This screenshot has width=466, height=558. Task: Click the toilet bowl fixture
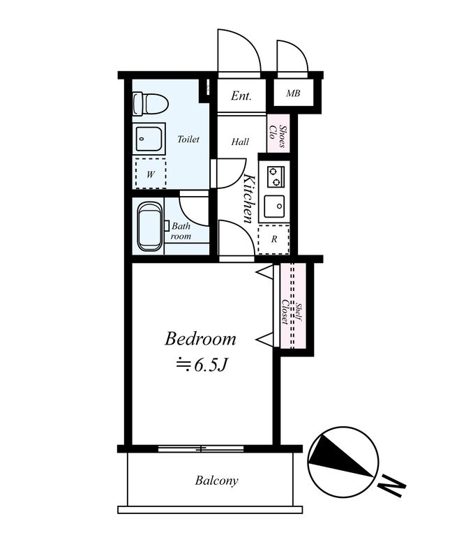tap(150, 104)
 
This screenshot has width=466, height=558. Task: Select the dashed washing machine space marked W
tap(151, 174)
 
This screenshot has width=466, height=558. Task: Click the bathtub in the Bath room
tap(149, 226)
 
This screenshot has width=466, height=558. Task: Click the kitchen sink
tap(274, 206)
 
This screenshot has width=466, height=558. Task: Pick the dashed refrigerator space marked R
tap(273, 239)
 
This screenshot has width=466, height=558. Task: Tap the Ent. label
tap(241, 96)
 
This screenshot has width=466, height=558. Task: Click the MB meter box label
tap(293, 93)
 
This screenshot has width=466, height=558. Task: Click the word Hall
tap(240, 142)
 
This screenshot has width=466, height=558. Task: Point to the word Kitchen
tap(249, 199)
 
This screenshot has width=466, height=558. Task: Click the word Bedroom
tap(200, 339)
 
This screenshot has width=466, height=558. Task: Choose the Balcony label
tap(216, 481)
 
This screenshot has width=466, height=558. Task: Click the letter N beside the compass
tap(391, 486)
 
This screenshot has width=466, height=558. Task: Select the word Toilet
tap(188, 139)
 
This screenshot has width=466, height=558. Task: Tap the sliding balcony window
tap(201, 448)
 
